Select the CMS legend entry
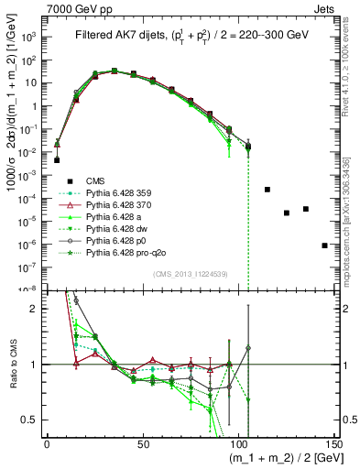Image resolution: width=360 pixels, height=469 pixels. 96,180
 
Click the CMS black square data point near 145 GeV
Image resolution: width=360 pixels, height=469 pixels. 325,245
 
